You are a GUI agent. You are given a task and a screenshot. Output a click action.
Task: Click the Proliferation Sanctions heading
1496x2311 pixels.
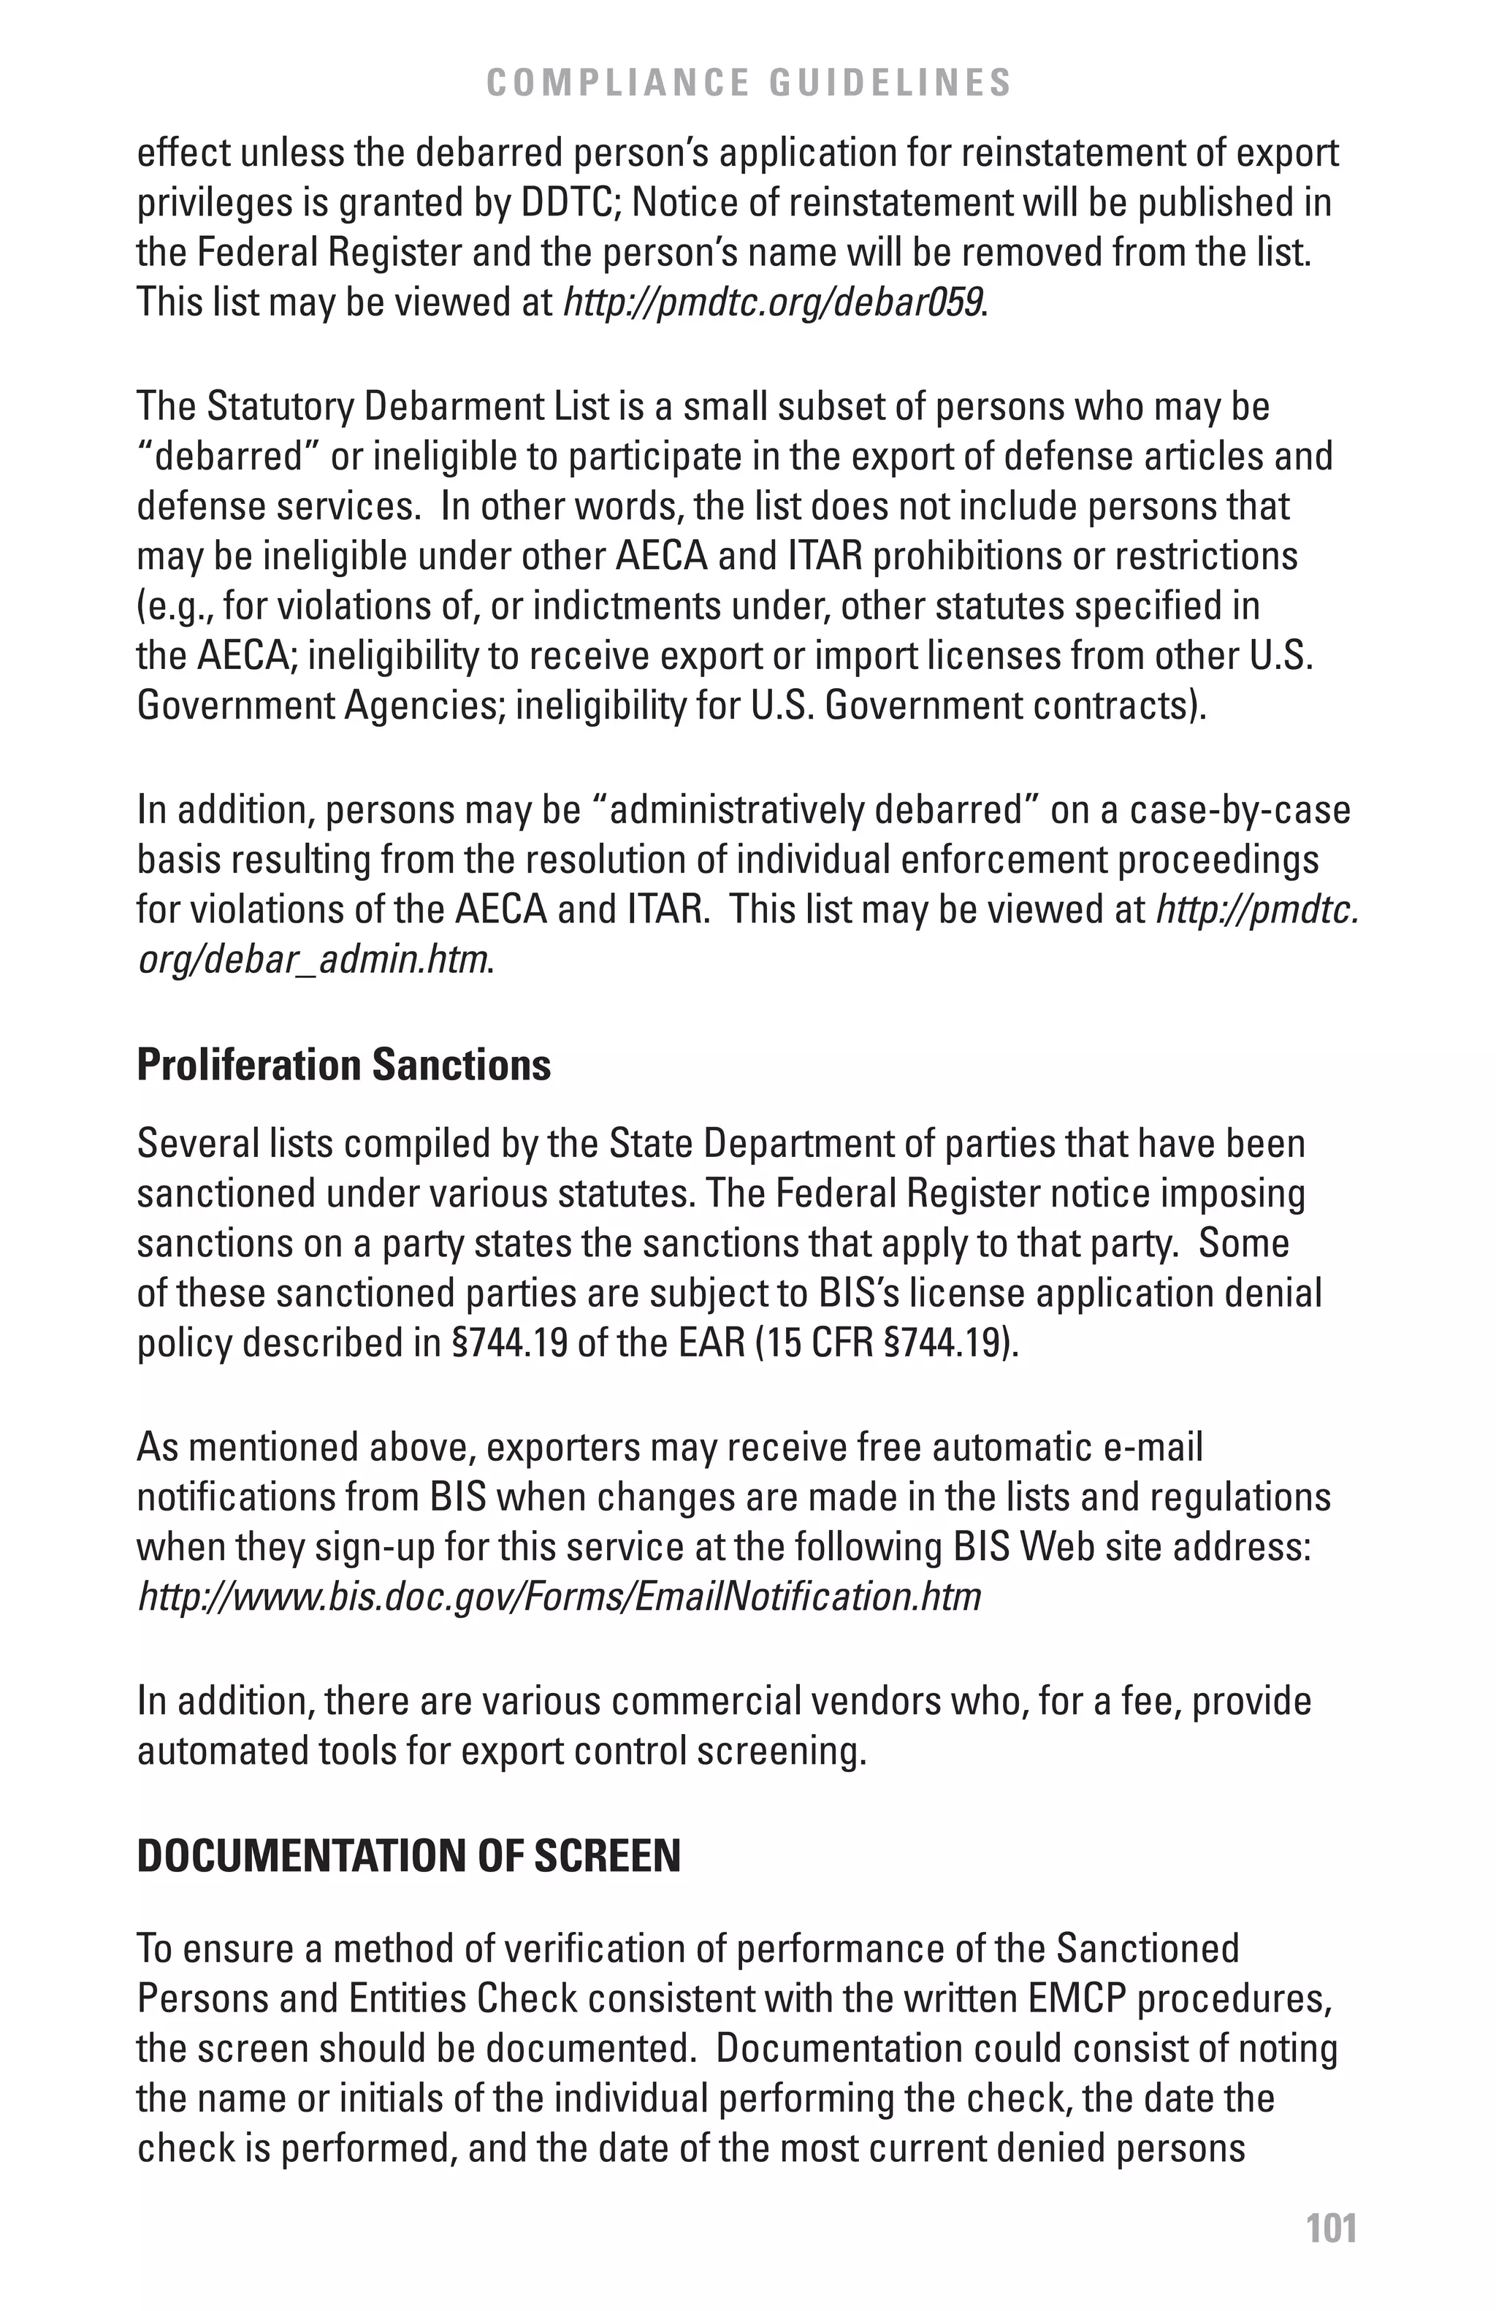click(x=343, y=1065)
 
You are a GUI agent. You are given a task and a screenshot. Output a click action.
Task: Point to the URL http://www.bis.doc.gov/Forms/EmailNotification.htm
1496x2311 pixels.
click(x=560, y=1597)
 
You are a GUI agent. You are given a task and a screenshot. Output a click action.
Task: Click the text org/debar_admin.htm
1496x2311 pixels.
click(x=312, y=960)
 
